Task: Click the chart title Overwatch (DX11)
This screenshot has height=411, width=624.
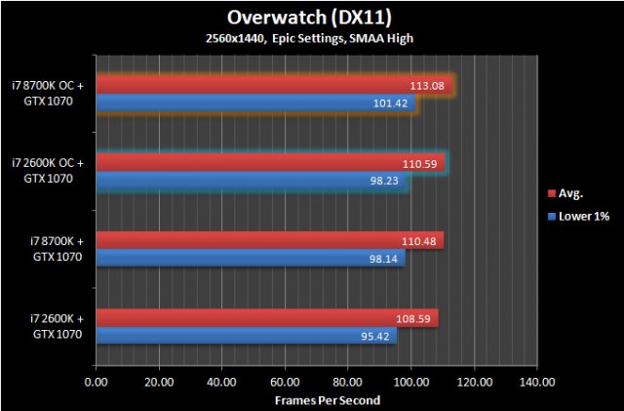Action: tap(311, 17)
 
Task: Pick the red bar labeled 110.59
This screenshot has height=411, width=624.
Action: tap(270, 163)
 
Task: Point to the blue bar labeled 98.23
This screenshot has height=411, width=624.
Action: tap(252, 181)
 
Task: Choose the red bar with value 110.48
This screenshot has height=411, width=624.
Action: tap(270, 240)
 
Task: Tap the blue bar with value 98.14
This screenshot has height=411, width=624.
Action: tap(251, 258)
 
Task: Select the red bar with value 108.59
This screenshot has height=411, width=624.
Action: tap(267, 317)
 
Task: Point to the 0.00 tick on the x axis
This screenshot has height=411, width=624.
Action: tap(97, 383)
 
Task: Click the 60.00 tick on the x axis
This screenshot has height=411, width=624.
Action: tap(285, 383)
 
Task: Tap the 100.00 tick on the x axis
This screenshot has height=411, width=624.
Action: tap(410, 383)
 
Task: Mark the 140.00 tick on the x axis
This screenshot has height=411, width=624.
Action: tap(536, 383)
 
